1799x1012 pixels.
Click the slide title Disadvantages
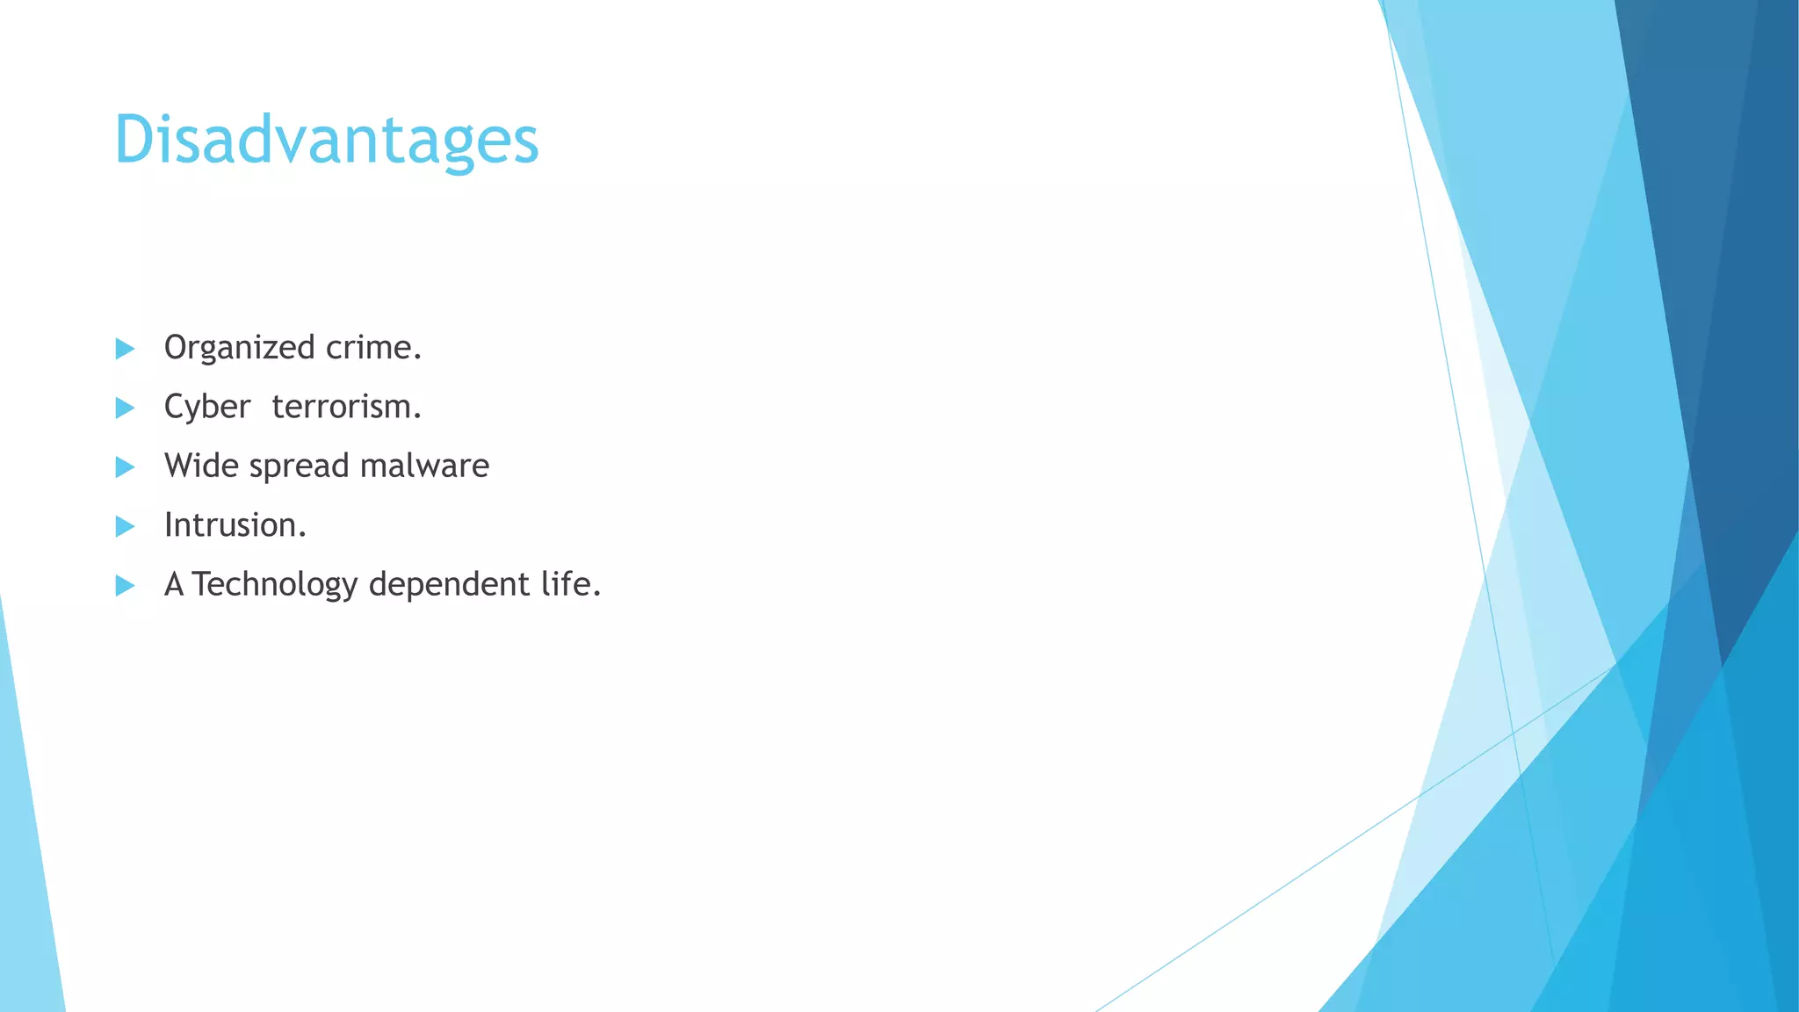pyautogui.click(x=326, y=141)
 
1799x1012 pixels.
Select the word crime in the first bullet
pyautogui.click(x=368, y=348)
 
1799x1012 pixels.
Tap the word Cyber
pyautogui.click(x=207, y=408)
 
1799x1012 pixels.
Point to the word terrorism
pyautogui.click(x=341, y=407)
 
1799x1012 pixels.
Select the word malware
pyautogui.click(x=424, y=466)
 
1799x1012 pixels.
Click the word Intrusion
pyautogui.click(x=230, y=525)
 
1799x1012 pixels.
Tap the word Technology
pyautogui.click(x=274, y=584)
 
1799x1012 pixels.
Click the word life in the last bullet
pyautogui.click(x=565, y=583)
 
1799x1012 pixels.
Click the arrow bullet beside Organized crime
pyautogui.click(x=125, y=349)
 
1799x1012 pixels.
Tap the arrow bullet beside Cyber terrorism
pyautogui.click(x=125, y=408)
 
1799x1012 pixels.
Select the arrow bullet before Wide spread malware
pyautogui.click(x=125, y=466)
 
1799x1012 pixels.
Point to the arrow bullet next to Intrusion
pyautogui.click(x=125, y=526)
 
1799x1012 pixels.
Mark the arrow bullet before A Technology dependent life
pyautogui.click(x=125, y=585)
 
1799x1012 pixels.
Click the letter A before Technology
pyautogui.click(x=174, y=584)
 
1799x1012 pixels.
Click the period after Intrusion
pyautogui.click(x=302, y=535)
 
